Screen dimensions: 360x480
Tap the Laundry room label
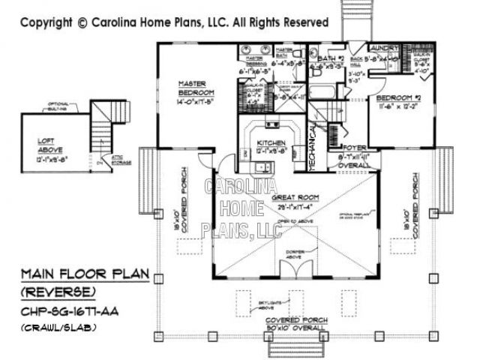(386, 46)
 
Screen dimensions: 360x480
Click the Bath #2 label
(330, 58)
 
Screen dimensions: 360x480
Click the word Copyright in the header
(46, 22)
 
